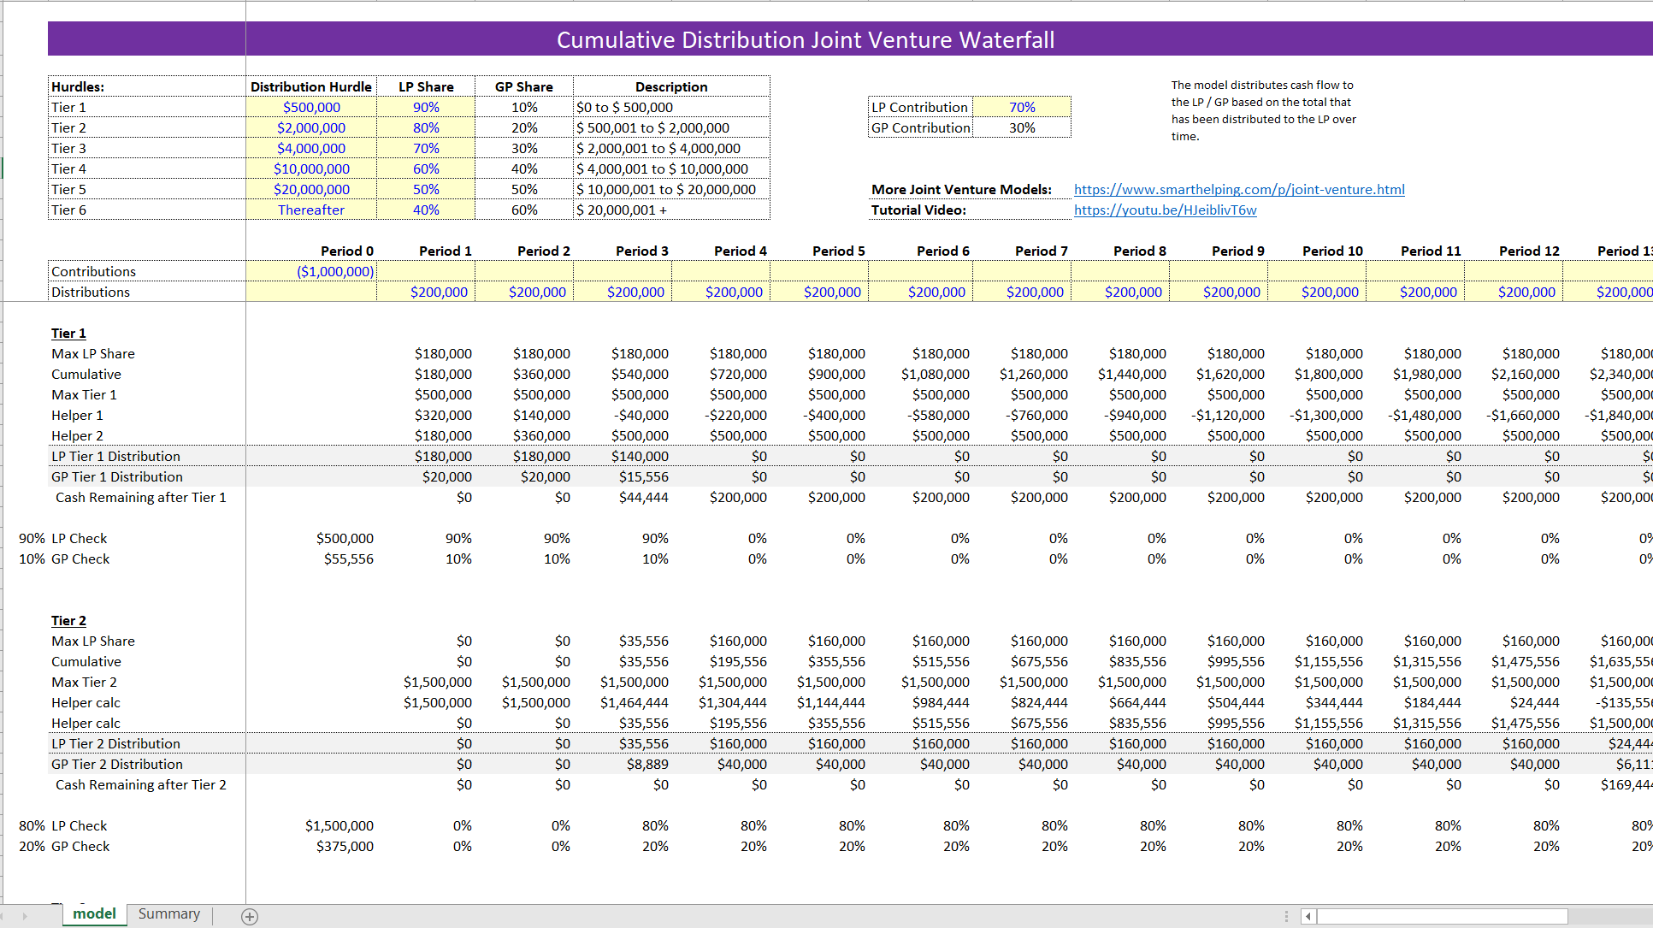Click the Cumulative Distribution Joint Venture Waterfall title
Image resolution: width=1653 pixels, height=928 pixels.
click(806, 40)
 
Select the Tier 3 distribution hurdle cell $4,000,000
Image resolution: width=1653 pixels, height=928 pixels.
click(311, 148)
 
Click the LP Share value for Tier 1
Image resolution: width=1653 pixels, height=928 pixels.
click(426, 107)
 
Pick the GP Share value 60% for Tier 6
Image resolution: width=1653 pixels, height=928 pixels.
click(524, 210)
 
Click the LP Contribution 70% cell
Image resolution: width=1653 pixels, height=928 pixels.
click(1022, 107)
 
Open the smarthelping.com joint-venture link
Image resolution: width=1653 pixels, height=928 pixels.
click(1239, 189)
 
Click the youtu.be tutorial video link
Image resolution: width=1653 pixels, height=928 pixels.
click(1166, 210)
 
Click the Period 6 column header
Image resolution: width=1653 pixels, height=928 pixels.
click(943, 251)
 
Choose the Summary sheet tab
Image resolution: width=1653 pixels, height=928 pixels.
click(169, 913)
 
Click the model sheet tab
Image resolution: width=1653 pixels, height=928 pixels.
click(94, 913)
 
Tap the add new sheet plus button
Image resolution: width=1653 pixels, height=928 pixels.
click(250, 916)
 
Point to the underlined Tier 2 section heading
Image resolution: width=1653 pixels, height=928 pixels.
click(68, 620)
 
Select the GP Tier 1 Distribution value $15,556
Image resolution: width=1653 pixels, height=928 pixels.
click(644, 476)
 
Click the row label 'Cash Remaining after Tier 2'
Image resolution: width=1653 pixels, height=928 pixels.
click(141, 784)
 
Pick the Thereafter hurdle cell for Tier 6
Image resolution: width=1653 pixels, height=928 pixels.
click(311, 210)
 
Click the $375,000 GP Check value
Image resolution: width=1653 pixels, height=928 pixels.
click(345, 846)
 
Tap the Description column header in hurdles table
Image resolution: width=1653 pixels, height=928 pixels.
click(671, 86)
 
